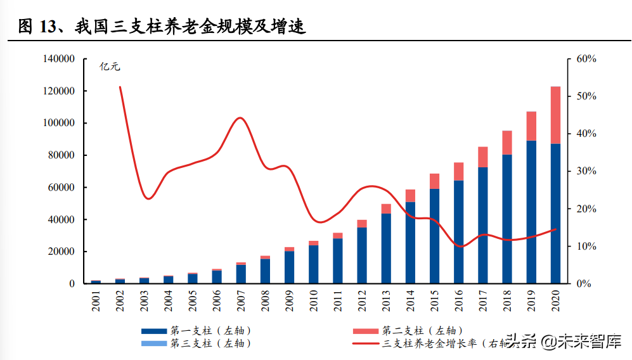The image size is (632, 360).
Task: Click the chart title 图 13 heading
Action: click(x=162, y=27)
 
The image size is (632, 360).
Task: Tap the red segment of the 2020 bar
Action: click(x=555, y=115)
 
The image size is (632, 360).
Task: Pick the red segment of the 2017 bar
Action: click(x=483, y=157)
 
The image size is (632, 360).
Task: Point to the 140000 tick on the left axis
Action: click(x=59, y=59)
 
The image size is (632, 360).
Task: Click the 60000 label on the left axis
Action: click(x=61, y=188)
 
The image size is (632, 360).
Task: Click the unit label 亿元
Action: click(x=110, y=66)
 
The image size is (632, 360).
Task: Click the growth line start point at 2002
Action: click(x=120, y=87)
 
